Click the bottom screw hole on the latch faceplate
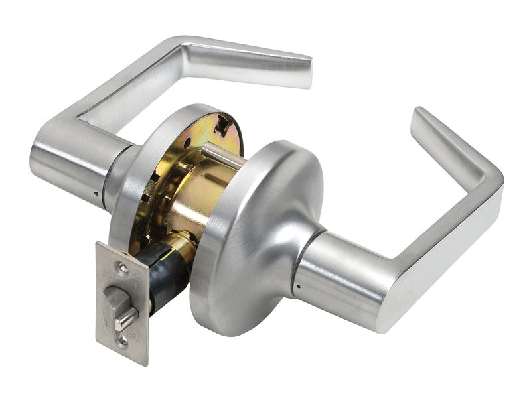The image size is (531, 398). pos(122,341)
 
